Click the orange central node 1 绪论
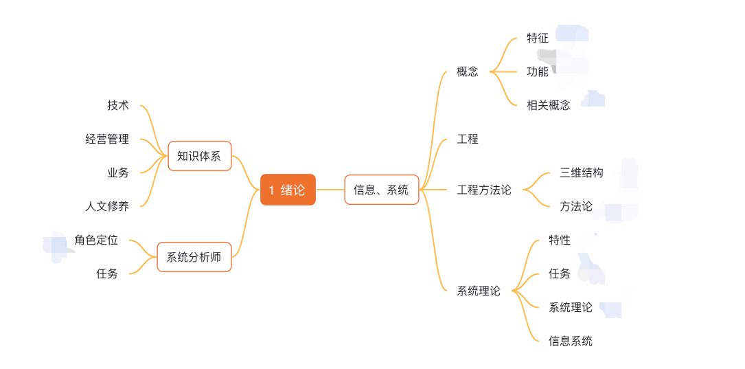[288, 190]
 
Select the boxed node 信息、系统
[381, 190]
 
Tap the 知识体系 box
[199, 156]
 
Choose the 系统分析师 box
[194, 257]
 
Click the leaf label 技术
[118, 105]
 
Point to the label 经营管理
[107, 139]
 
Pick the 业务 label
[118, 172]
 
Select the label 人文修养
[107, 206]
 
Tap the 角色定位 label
[96, 240]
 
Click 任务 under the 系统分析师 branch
[107, 273]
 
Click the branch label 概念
[468, 71]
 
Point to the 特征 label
[538, 38]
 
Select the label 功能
[538, 71]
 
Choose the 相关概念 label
[549, 105]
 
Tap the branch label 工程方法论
[484, 190]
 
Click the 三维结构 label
[582, 172]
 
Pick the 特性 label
[560, 240]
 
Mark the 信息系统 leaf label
[571, 341]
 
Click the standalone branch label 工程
[468, 139]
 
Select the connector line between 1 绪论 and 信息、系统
[330, 190]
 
